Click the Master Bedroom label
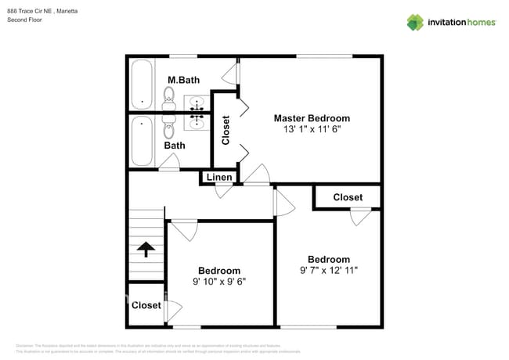(311, 118)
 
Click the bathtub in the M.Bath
(142, 85)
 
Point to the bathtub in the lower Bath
(142, 141)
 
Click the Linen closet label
(219, 178)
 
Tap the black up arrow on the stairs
(146, 250)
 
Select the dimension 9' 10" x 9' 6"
(219, 282)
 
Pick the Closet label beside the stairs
(146, 305)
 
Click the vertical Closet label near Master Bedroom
(226, 131)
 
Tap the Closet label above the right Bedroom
(348, 197)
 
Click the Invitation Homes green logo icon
(415, 22)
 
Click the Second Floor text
(24, 20)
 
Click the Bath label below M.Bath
(175, 146)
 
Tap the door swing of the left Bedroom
(185, 230)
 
